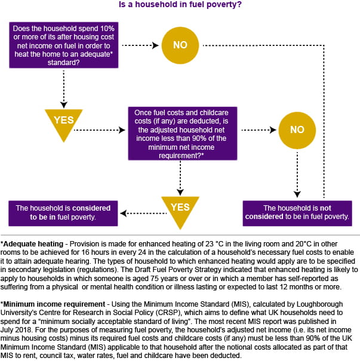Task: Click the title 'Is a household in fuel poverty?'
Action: (180, 5)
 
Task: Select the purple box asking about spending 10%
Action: (64, 45)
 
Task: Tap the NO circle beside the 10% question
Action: (180, 45)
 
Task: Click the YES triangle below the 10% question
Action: (64, 123)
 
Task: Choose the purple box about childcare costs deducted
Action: (183, 134)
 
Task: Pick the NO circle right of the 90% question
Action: (297, 130)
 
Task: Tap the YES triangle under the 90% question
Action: (180, 211)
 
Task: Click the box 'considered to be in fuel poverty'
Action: (63, 213)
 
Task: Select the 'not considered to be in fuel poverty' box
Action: (297, 213)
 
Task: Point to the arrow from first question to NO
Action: (140, 45)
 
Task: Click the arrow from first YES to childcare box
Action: (100, 130)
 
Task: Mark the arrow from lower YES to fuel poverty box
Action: (143, 214)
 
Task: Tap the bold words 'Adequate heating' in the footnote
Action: (33, 244)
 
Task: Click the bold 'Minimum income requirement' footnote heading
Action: (54, 304)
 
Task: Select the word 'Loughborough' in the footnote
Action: (319, 304)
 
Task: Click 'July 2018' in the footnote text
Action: (16, 330)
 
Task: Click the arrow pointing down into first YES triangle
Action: (64, 90)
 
